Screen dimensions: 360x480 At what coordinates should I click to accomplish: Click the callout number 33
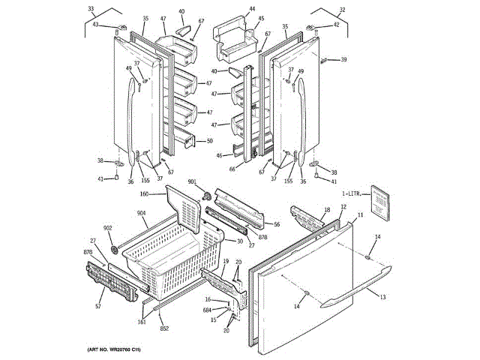91,9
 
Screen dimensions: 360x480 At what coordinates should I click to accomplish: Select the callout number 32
343,9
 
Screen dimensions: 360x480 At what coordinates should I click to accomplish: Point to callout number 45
261,19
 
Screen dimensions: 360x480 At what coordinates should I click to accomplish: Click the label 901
192,182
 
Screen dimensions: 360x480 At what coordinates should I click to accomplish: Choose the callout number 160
144,194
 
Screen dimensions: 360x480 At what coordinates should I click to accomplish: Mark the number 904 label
142,213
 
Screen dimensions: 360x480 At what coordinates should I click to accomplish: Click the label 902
107,228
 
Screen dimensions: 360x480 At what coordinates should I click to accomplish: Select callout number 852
164,328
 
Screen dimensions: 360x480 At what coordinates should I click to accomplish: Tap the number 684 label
207,310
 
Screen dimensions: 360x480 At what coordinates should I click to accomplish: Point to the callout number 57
98,307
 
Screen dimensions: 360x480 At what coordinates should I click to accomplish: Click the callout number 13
382,298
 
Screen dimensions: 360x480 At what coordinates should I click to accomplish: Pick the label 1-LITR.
352,194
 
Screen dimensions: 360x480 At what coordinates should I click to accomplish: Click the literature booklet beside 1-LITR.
382,202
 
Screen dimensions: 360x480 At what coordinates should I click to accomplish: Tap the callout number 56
277,224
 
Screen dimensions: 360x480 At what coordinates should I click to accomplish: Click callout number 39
343,59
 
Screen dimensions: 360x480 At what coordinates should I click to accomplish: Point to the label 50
209,141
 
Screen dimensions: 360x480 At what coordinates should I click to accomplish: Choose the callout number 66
232,169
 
